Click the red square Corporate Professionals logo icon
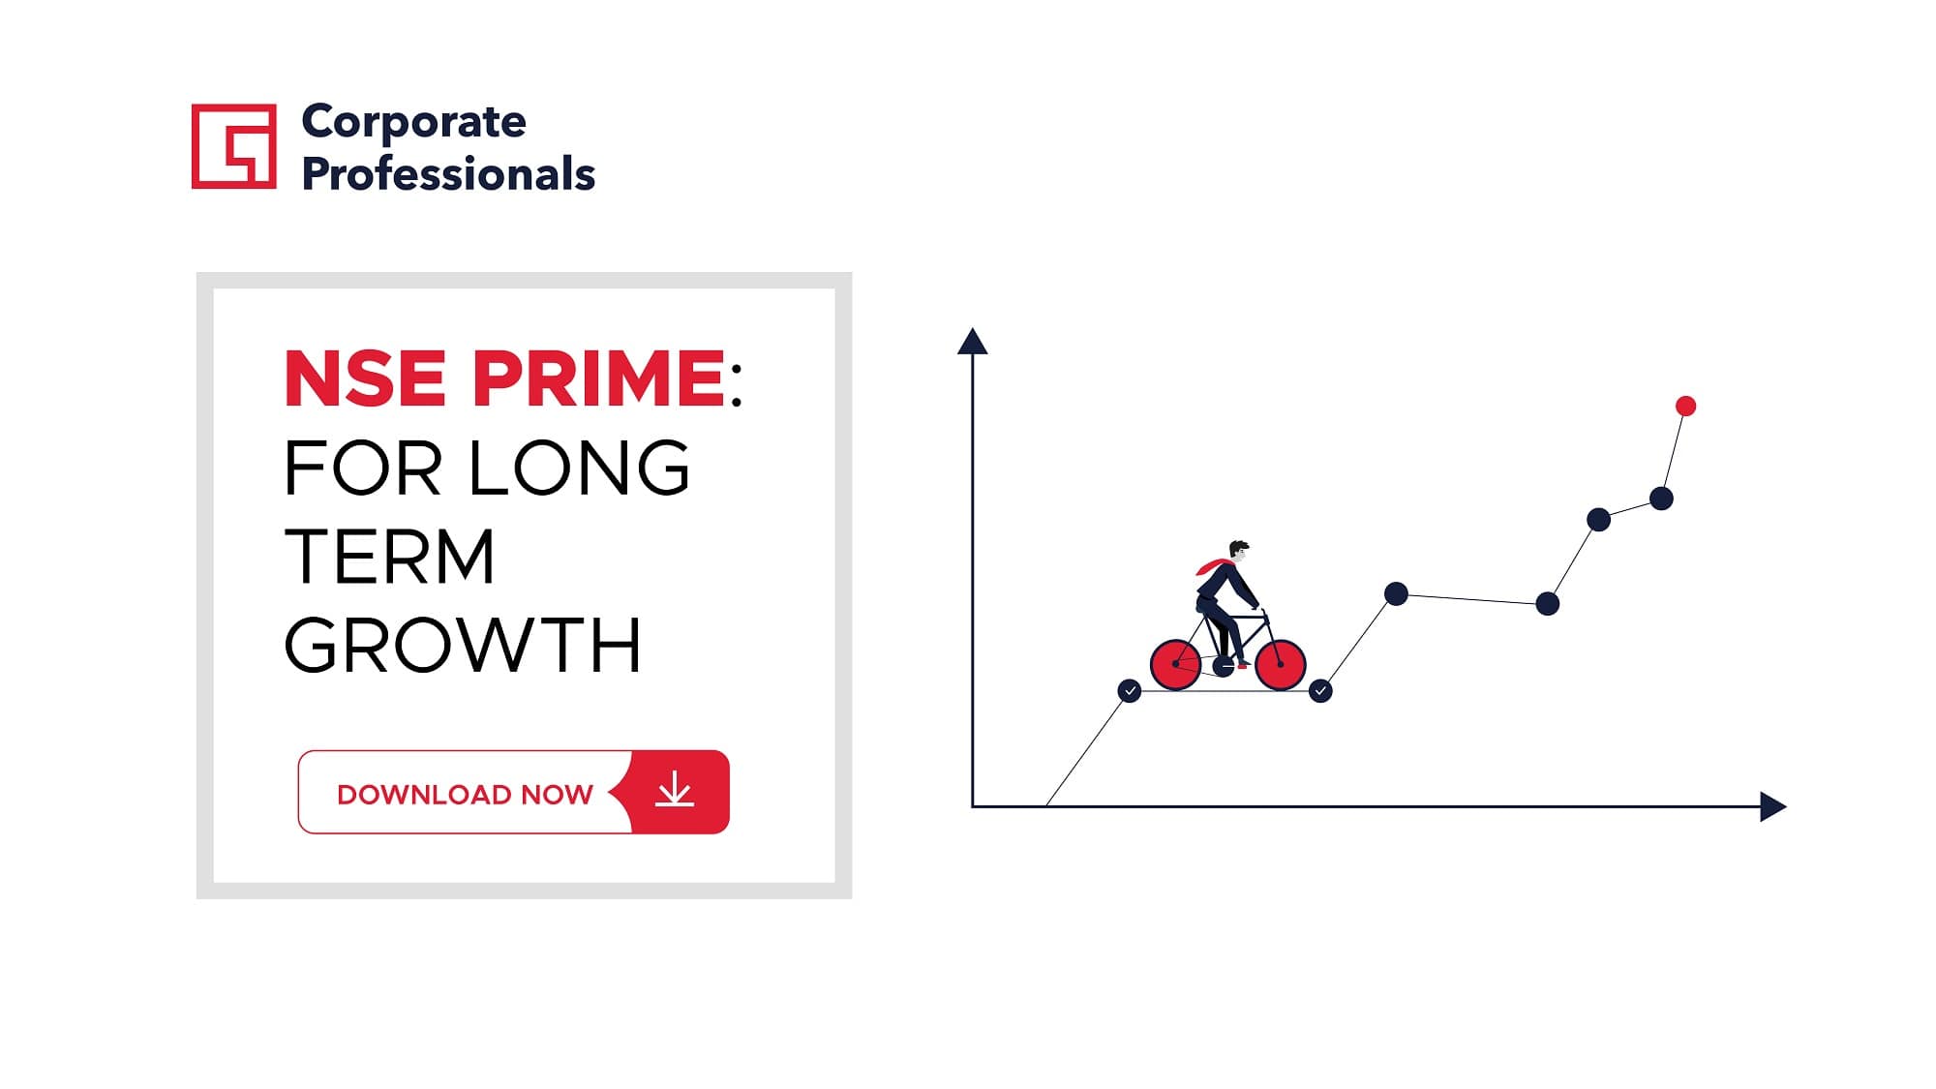pyautogui.click(x=233, y=146)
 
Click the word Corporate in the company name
pyautogui.click(x=414, y=123)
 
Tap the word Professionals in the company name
pyautogui.click(x=448, y=174)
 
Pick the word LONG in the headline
pyautogui.click(x=580, y=468)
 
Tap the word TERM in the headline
pyautogui.click(x=389, y=557)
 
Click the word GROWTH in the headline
pyautogui.click(x=463, y=646)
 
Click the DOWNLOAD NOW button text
pyautogui.click(x=465, y=795)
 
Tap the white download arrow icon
pyautogui.click(x=675, y=790)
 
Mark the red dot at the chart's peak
pyautogui.click(x=1685, y=406)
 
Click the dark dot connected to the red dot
pyautogui.click(x=1661, y=499)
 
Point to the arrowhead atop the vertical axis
pyautogui.click(x=972, y=341)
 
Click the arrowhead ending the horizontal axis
pyautogui.click(x=1772, y=806)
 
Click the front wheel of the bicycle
pyautogui.click(x=1281, y=664)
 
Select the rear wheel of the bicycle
pyautogui.click(x=1175, y=664)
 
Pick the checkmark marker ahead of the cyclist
pyautogui.click(x=1320, y=691)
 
